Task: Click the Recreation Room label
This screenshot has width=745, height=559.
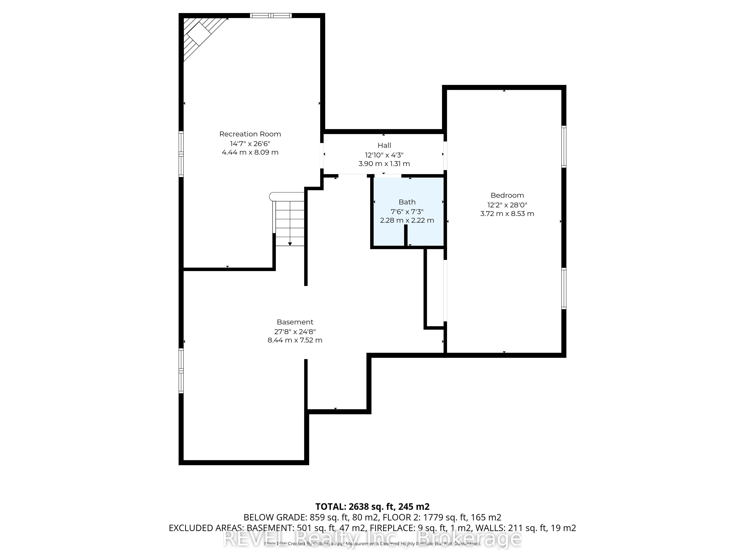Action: point(250,134)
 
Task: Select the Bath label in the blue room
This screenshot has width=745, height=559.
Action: point(407,202)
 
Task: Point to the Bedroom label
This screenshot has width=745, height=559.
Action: point(507,195)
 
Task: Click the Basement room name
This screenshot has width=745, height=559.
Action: point(295,322)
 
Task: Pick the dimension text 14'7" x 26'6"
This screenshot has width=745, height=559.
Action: point(250,143)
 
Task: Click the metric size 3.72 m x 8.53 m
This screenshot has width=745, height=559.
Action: point(507,214)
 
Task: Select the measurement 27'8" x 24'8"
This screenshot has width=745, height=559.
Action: point(295,331)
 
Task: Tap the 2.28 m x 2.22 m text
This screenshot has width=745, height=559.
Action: point(407,220)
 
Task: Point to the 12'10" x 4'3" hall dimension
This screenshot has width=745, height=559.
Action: point(384,155)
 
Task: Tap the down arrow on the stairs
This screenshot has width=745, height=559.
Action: point(290,243)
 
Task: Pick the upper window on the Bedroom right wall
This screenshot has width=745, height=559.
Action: point(563,147)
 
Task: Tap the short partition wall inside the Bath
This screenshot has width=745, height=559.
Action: point(406,235)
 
